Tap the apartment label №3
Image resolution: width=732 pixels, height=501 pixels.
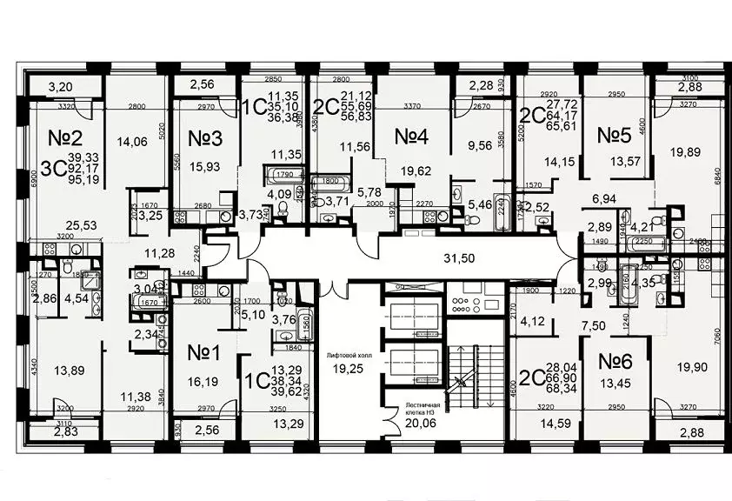point(207,138)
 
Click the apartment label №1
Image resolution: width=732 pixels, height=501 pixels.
point(207,353)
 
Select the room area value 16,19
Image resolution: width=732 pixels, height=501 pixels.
point(207,380)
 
